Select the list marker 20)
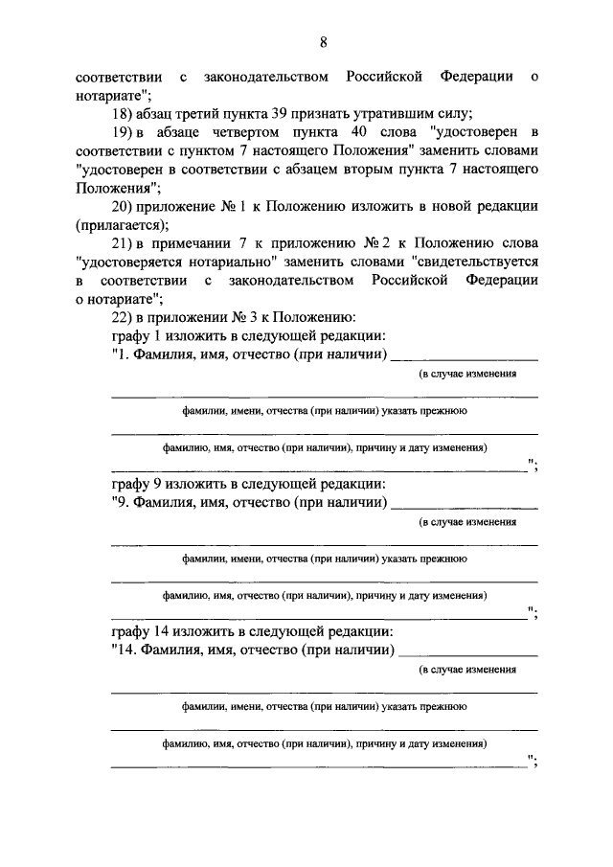[x=125, y=206]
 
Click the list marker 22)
[x=125, y=317]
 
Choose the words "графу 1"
[x=143, y=336]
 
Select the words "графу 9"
[x=143, y=485]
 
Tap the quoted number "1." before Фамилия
[x=125, y=355]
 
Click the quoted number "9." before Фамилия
[x=125, y=503]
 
